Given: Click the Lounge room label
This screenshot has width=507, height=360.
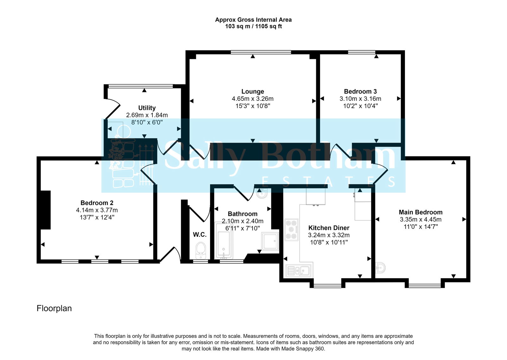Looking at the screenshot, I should coord(253,92).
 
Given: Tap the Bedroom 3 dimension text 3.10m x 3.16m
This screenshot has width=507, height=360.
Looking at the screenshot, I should coord(360,99).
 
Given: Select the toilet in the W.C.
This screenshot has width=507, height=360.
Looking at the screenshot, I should coord(201,250).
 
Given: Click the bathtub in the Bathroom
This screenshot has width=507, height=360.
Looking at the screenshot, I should coord(224,241).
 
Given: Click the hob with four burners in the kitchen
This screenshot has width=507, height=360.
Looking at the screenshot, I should coord(291,229).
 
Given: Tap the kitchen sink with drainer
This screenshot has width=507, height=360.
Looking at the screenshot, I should coord(298,271).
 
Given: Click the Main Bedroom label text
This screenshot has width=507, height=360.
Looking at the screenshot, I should coord(420,212).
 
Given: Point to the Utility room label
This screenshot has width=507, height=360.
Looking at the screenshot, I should coord(147,108).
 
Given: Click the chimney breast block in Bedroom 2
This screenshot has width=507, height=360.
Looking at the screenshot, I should coord(46,210).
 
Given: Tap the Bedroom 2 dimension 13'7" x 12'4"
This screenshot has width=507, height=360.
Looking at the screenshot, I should coord(97,217).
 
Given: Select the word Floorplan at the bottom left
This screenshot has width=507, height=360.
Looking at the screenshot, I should coord(54,308).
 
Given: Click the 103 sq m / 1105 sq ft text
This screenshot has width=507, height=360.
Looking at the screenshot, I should coord(253,26).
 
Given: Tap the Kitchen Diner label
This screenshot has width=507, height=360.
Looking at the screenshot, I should coord(329,228).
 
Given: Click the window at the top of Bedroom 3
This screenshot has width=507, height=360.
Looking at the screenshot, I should coord(362,52).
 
